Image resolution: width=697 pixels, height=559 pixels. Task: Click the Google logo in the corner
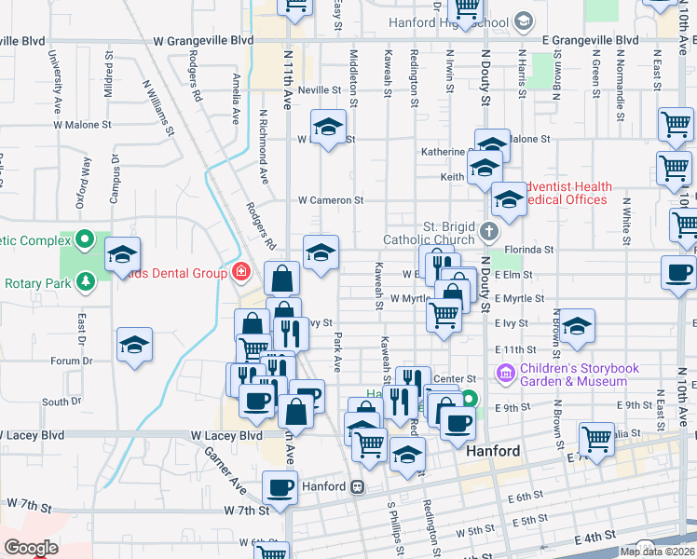32,547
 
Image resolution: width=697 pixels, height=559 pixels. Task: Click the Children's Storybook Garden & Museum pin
506,374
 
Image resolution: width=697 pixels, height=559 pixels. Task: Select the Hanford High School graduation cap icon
524,20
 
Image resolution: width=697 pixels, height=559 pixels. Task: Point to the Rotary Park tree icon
85,280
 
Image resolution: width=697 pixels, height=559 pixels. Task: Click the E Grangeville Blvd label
591,41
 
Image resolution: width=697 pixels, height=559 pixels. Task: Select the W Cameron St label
330,200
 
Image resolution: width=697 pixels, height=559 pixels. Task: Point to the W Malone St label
82,123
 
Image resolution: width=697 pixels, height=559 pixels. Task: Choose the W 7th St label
247,510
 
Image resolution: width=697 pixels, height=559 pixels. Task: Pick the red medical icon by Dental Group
241,272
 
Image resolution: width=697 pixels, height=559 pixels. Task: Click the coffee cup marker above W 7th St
280,487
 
